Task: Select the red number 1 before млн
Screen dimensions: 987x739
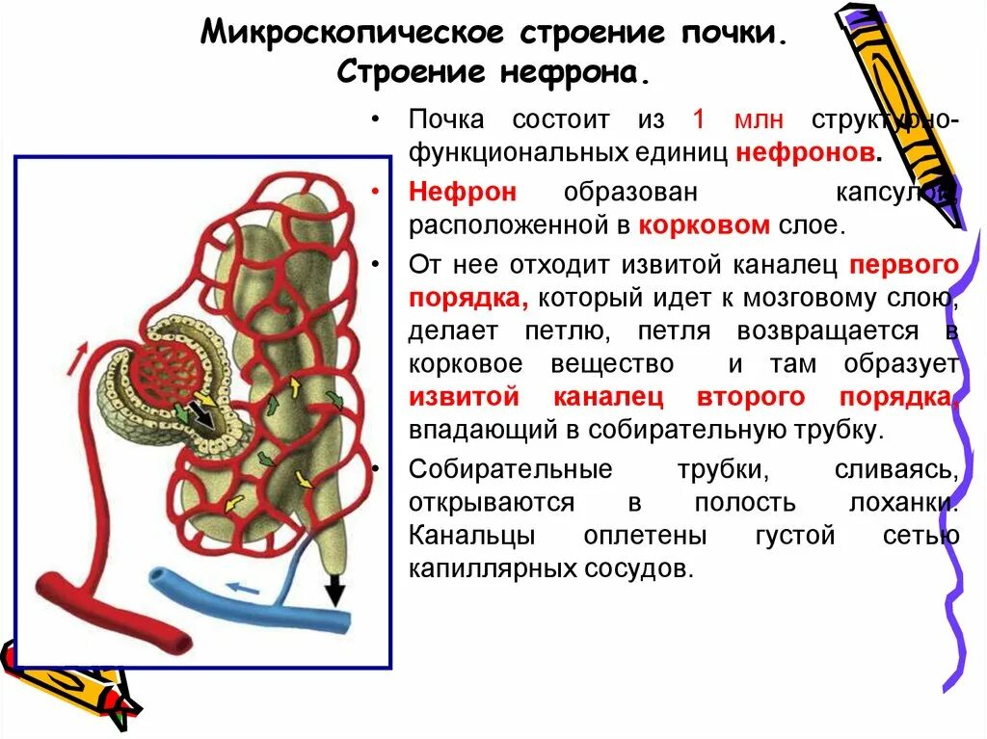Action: (700, 119)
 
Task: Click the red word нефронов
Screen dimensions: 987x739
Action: (806, 153)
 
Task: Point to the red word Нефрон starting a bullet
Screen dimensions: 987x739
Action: (462, 192)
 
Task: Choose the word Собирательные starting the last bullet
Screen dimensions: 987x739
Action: (511, 469)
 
